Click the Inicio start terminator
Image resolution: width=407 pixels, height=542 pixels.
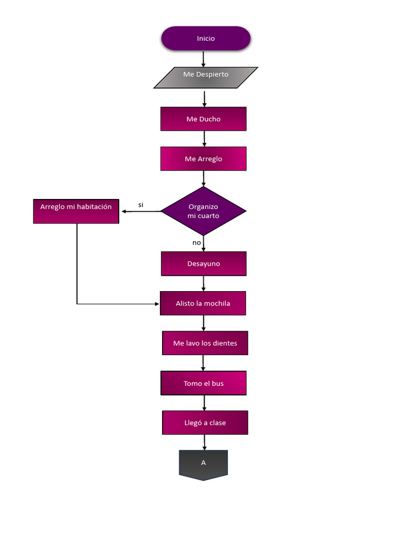coord(206,39)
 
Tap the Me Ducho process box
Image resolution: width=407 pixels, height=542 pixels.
coord(203,119)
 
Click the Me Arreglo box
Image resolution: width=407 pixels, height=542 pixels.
coord(203,159)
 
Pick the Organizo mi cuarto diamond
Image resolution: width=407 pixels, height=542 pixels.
coord(203,211)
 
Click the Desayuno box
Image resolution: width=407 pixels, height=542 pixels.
coord(203,264)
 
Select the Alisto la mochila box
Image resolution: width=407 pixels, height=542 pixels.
coord(203,303)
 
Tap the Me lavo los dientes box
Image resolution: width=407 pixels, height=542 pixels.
coord(205,343)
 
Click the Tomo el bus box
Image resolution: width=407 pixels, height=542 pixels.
coord(203,383)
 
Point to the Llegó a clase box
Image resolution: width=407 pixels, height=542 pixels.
coord(205,423)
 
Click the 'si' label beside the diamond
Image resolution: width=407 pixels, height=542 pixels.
coord(141,205)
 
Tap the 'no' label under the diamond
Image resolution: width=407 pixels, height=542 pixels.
coord(197,242)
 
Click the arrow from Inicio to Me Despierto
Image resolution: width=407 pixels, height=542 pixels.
coord(203,59)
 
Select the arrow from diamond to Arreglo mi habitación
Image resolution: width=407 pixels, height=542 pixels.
coord(140,212)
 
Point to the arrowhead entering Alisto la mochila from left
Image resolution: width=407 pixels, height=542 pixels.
coord(156,304)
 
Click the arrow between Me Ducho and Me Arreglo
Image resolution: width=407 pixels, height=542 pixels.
coord(204,139)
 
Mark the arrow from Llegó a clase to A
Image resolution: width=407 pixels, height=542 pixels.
coord(204,442)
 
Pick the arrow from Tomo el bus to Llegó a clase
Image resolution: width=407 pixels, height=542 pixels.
coord(204,403)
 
